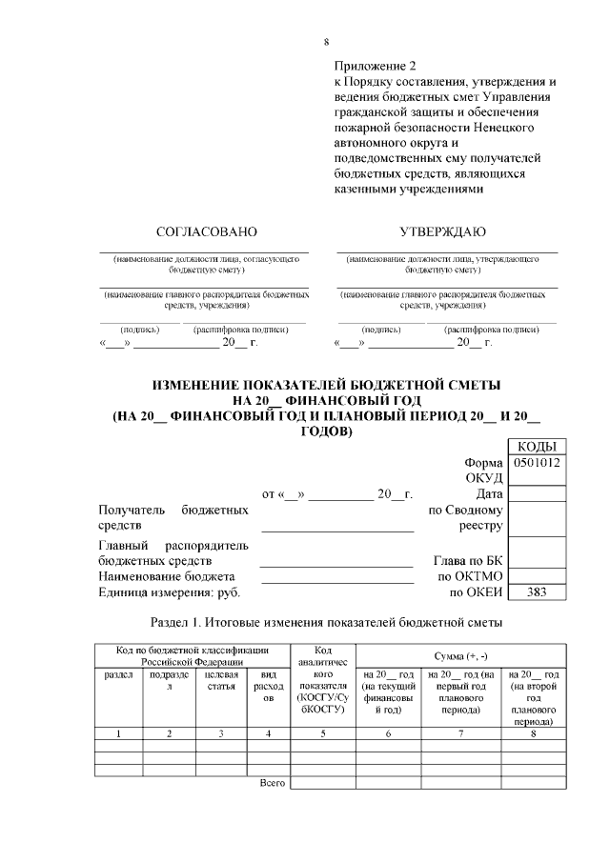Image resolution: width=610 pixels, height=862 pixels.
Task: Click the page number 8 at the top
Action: tap(326, 42)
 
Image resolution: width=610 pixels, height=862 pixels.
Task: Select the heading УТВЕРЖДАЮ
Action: tap(442, 231)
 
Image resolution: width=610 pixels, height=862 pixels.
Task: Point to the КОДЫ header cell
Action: tap(538, 447)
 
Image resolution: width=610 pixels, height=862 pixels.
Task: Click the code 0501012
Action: tap(538, 463)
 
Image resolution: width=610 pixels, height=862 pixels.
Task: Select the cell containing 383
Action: tap(538, 592)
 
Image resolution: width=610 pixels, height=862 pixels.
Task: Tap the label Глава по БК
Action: tap(461, 561)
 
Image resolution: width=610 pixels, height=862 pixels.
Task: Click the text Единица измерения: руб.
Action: tap(170, 592)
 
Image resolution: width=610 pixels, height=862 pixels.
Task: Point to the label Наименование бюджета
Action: tap(167, 576)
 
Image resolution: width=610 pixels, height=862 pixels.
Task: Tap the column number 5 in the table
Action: tap(323, 733)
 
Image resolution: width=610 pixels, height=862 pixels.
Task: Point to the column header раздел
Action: tap(118, 673)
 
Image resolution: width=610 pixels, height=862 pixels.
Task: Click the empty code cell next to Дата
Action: tap(538, 493)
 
